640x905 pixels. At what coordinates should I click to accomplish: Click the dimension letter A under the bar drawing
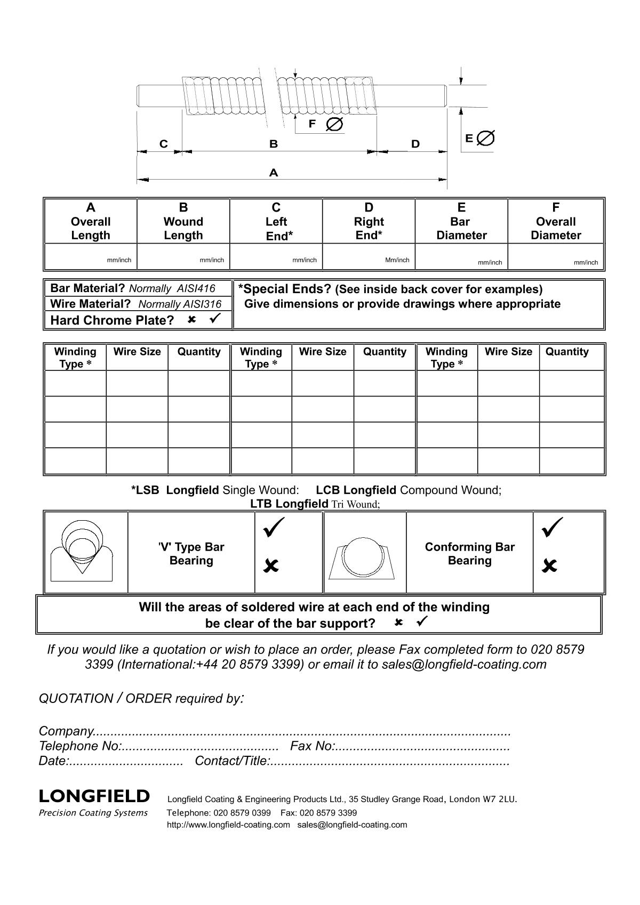click(x=274, y=173)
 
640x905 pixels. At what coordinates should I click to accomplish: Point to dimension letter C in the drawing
click(x=164, y=144)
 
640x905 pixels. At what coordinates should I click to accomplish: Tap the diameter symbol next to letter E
click(x=485, y=138)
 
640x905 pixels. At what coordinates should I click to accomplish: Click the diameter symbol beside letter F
click(x=334, y=124)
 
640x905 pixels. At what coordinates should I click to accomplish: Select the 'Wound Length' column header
click(x=183, y=221)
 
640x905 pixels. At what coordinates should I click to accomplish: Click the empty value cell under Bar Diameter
click(x=461, y=256)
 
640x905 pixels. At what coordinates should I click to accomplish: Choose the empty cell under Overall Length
click(x=91, y=256)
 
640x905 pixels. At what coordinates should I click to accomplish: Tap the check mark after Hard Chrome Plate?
click(x=215, y=319)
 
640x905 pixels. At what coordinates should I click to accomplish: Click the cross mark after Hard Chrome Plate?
click(x=192, y=320)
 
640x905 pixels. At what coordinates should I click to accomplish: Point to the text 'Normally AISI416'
click(x=172, y=289)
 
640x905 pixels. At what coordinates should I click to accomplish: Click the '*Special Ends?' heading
click(x=285, y=289)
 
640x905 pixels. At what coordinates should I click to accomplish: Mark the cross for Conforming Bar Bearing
click(x=549, y=565)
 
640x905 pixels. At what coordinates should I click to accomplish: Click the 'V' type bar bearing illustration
click(x=82, y=552)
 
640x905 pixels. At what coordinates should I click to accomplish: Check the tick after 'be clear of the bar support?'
click(x=422, y=621)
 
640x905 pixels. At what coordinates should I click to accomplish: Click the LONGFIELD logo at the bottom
click(x=94, y=796)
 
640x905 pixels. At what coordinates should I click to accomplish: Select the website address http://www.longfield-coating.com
click(x=228, y=825)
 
